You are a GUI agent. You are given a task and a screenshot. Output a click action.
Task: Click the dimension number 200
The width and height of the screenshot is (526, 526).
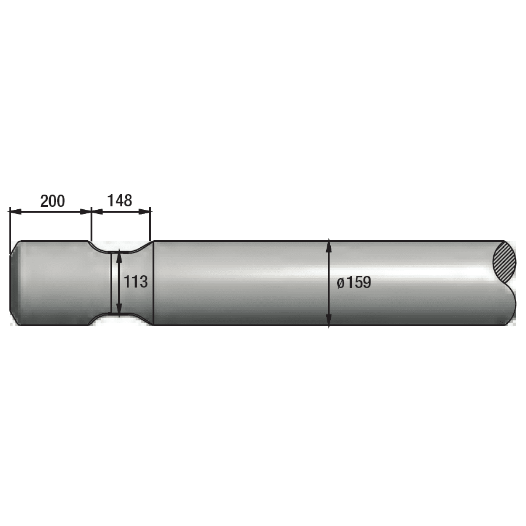click(53, 201)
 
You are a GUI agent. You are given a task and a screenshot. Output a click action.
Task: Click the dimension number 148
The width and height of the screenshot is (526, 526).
click(119, 200)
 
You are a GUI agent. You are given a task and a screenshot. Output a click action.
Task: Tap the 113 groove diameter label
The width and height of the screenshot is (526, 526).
click(136, 282)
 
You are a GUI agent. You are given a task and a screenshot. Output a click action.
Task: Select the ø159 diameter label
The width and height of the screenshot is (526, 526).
click(354, 282)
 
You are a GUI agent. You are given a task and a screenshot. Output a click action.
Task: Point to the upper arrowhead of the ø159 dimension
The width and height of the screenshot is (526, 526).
click(328, 245)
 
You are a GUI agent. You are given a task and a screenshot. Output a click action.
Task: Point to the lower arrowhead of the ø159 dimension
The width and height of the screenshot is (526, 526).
click(328, 320)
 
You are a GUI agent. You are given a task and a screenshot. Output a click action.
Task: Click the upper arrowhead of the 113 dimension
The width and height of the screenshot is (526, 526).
click(119, 256)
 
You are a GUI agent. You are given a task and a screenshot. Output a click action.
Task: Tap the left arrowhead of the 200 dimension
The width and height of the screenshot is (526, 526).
click(15, 212)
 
